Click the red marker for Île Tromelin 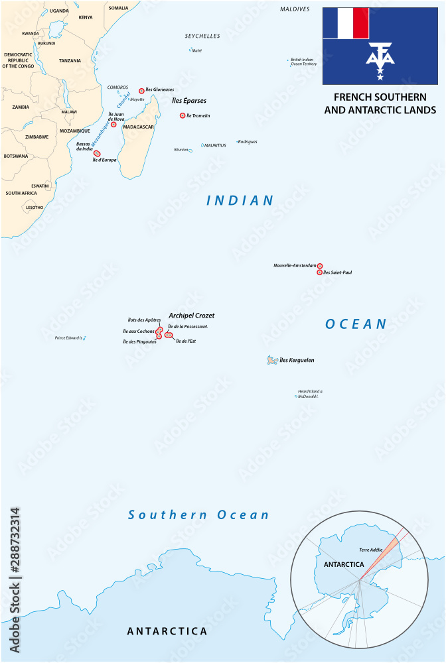click(x=183, y=115)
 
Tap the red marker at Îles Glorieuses click(x=141, y=90)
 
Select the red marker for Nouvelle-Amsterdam click(x=319, y=265)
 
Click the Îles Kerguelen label click(x=297, y=360)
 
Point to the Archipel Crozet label click(x=191, y=316)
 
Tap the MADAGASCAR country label click(x=138, y=127)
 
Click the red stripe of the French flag click(x=360, y=23)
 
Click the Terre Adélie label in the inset click(x=372, y=550)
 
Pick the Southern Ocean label click(x=198, y=514)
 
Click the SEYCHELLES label click(x=202, y=36)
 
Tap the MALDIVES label click(x=295, y=9)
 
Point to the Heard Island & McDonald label click(x=308, y=394)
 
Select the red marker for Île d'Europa click(x=97, y=153)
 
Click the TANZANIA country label click(x=70, y=60)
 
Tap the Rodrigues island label click(x=248, y=141)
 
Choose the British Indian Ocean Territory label click(x=304, y=61)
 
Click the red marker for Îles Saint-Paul click(x=319, y=272)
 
